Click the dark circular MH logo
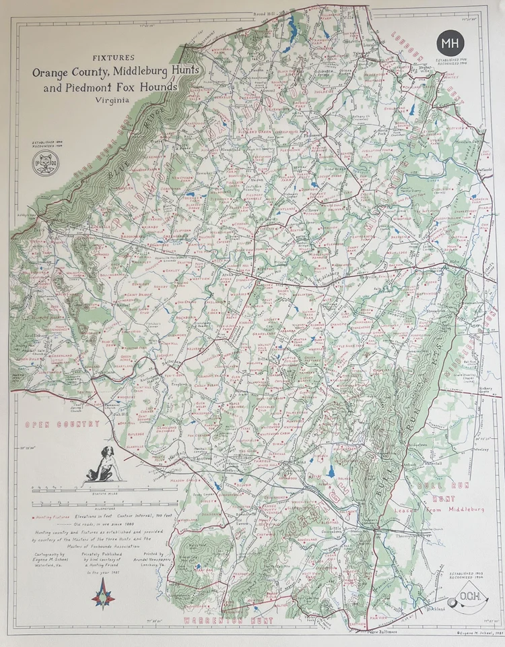click(x=450, y=43)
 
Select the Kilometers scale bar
click(x=104, y=503)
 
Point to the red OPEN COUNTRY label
click(x=61, y=425)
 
